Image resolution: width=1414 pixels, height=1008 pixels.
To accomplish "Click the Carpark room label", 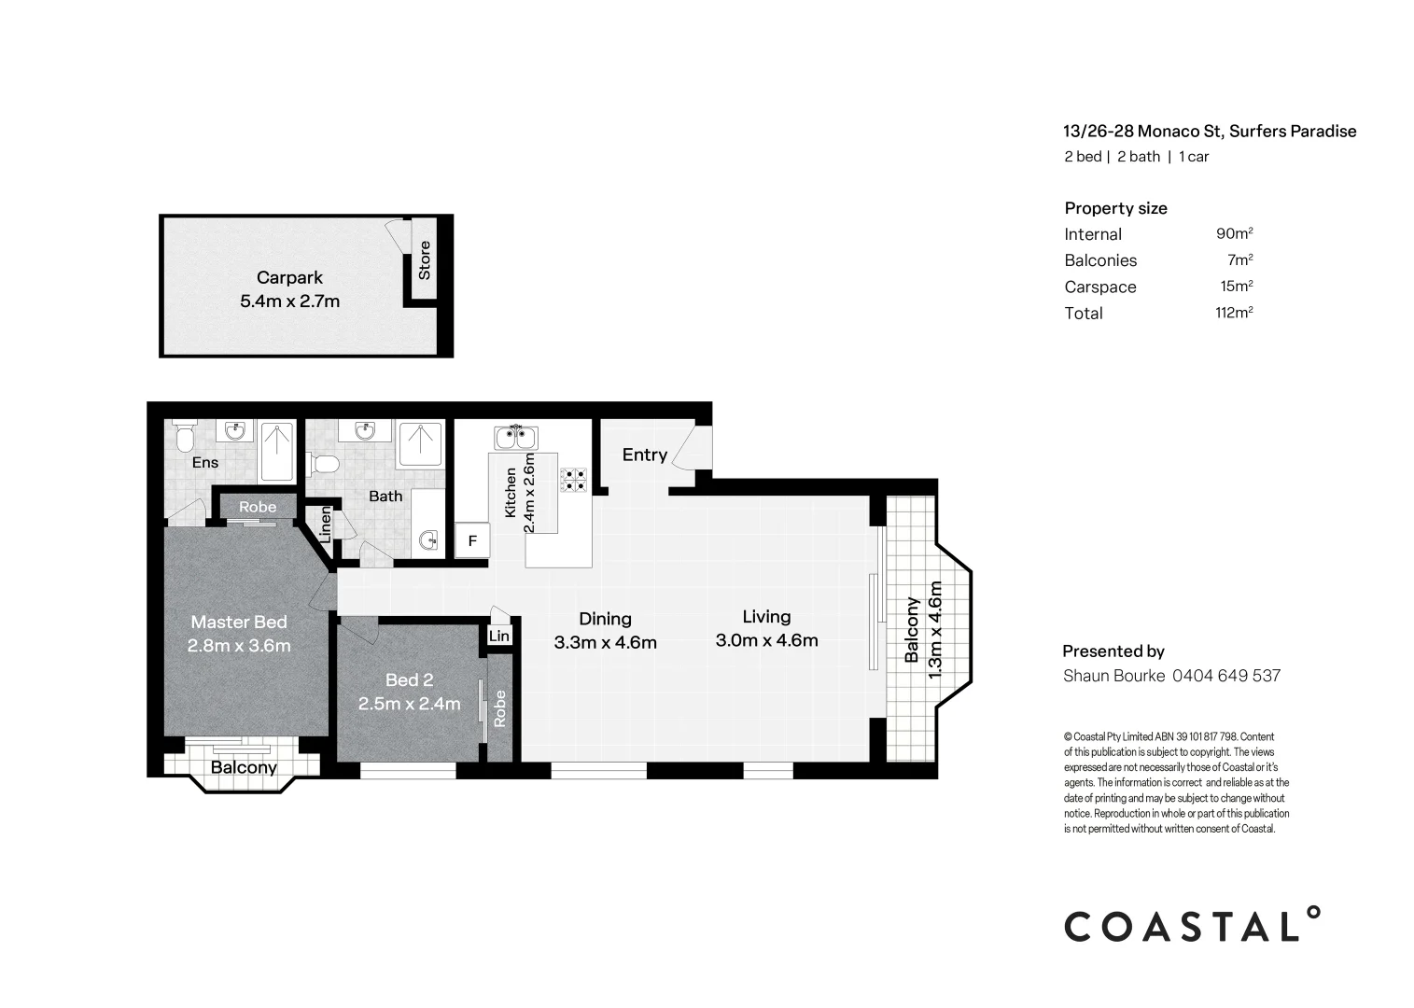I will pos(289,277).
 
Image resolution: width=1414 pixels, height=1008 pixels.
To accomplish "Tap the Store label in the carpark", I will pos(425,260).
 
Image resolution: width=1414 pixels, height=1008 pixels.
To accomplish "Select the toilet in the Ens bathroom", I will pos(183,437).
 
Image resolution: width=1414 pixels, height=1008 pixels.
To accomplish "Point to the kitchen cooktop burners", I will pos(573,480).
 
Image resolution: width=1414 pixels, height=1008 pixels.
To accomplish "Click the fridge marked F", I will pos(472,540).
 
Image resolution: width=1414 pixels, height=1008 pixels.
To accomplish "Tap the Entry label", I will pos(644,455).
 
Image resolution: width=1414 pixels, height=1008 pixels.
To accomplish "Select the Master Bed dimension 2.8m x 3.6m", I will pos(239,645).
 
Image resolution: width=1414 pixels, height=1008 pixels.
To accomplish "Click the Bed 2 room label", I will pos(409,680).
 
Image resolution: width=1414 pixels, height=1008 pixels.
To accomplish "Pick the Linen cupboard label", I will pos(325,525).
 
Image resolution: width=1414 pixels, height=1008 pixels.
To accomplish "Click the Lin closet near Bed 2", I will pos(499,636).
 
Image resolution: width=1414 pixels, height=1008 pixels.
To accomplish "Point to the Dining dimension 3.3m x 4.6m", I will pos(605,642).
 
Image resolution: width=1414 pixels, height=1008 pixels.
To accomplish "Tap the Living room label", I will pos(766,616).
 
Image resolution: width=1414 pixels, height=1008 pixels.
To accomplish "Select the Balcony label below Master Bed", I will pos(244,767).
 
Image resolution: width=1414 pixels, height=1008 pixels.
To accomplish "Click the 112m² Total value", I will pos(1233,313).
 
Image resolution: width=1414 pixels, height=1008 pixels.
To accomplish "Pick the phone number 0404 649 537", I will pos(1225,676).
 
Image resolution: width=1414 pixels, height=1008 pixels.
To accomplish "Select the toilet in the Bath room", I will pos(325,464).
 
